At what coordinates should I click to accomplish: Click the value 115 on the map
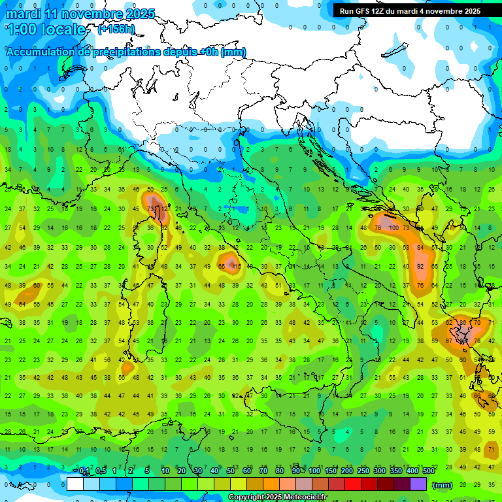236,267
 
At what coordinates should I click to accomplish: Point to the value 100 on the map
393,227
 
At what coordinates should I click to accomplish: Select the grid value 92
421,267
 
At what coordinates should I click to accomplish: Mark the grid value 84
421,247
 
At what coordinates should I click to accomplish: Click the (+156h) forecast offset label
116,29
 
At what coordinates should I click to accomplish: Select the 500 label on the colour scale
428,471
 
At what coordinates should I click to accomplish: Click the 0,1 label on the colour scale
84,471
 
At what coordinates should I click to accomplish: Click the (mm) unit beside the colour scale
443,485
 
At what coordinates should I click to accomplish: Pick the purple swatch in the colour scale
418,484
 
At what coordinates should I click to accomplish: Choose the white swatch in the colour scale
75,484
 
